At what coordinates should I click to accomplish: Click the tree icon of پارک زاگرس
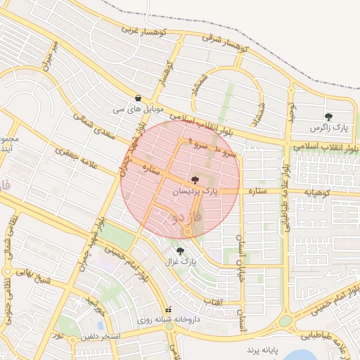(330, 116)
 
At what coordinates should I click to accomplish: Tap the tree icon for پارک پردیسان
(195, 180)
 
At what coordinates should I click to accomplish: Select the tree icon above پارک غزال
(181, 250)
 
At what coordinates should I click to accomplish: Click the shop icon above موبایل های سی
(138, 98)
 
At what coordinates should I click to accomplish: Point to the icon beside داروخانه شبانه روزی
(168, 310)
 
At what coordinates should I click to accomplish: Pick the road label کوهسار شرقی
(224, 46)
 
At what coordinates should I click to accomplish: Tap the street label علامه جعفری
(74, 153)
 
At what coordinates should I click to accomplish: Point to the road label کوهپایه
(310, 191)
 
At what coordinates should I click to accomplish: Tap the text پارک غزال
(181, 262)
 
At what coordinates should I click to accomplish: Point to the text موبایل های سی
(138, 110)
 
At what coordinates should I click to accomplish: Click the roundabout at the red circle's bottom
(188, 233)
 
